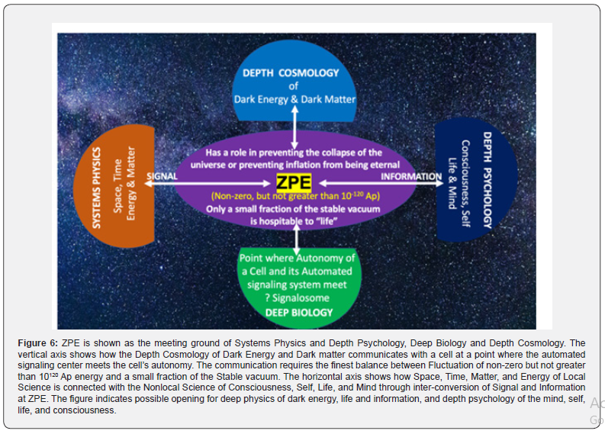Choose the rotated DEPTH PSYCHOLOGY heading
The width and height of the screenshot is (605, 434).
tap(486, 183)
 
